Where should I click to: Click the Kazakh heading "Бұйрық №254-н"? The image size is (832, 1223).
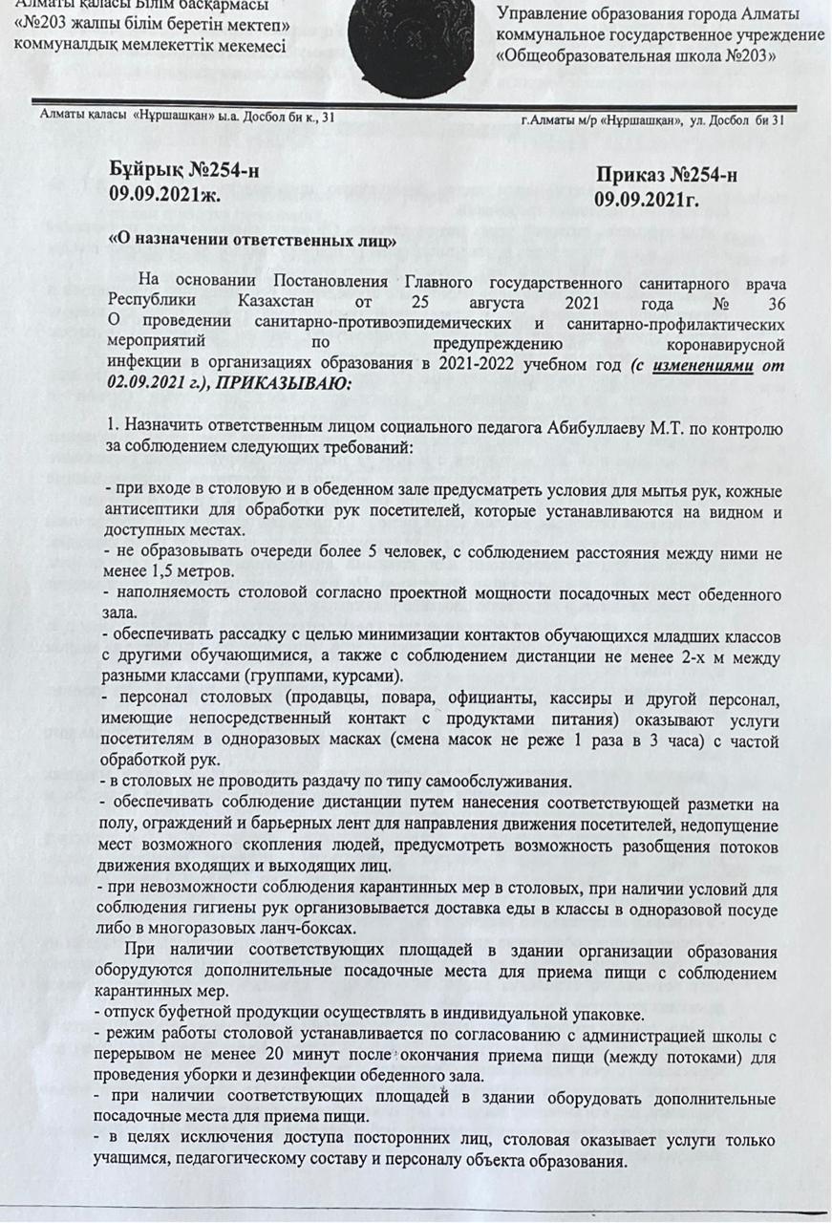click(x=184, y=172)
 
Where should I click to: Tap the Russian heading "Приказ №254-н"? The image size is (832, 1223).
click(x=666, y=176)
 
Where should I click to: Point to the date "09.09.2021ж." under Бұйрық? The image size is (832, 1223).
click(x=164, y=196)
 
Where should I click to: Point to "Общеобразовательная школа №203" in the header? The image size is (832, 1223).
click(x=636, y=56)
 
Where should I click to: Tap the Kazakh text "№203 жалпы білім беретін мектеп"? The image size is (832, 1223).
click(x=154, y=26)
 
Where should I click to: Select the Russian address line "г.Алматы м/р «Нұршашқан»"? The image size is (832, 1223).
click(x=601, y=120)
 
